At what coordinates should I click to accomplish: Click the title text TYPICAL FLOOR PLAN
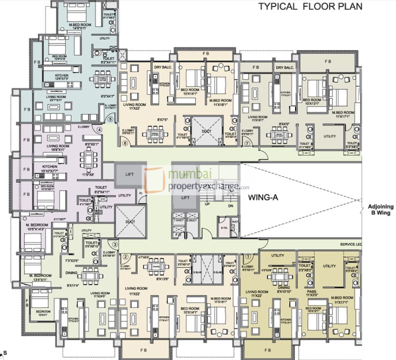310,7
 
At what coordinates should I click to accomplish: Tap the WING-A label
263,197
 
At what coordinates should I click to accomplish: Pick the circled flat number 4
99,129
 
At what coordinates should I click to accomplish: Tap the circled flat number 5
110,119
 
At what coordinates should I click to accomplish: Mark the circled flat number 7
247,143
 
